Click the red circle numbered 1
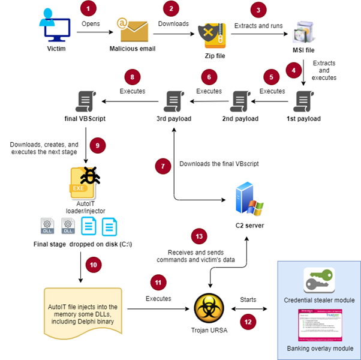tap(88, 9)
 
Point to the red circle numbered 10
tap(92, 264)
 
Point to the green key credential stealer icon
tap(319, 280)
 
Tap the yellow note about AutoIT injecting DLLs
tap(84, 310)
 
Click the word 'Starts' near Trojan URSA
tap(248, 298)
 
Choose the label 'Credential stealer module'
tap(319, 300)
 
